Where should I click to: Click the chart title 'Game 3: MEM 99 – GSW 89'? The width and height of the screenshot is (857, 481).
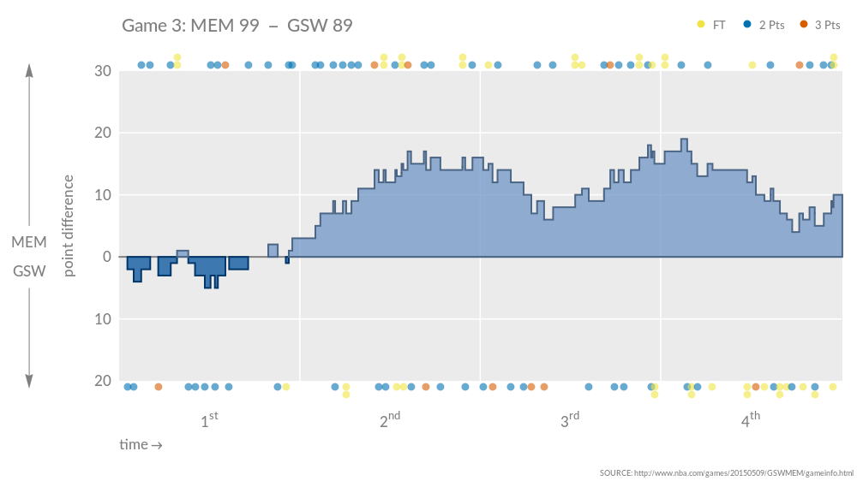point(237,26)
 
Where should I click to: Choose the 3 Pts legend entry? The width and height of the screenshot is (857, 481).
point(820,25)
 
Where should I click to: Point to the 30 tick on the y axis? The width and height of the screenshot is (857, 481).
point(102,71)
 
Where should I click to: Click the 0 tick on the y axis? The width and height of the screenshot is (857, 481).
point(106,257)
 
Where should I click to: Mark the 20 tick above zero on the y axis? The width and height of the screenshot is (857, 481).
point(102,134)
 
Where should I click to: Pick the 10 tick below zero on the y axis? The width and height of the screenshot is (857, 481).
point(102,319)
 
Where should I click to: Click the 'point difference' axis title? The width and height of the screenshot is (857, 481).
point(69,225)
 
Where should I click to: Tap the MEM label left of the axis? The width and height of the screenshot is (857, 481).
point(29,243)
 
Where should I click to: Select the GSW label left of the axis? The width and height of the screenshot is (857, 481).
point(29,271)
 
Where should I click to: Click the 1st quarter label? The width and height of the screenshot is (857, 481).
point(209,420)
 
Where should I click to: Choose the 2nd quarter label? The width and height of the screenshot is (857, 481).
point(390,420)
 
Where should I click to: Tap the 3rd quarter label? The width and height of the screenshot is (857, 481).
point(570,420)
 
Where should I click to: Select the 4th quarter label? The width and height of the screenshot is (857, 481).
point(750,420)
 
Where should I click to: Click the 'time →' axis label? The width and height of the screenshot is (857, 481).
point(141,445)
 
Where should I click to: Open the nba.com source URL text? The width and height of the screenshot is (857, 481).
point(727,472)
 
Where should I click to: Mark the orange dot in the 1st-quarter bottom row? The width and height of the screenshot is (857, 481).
point(159,387)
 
